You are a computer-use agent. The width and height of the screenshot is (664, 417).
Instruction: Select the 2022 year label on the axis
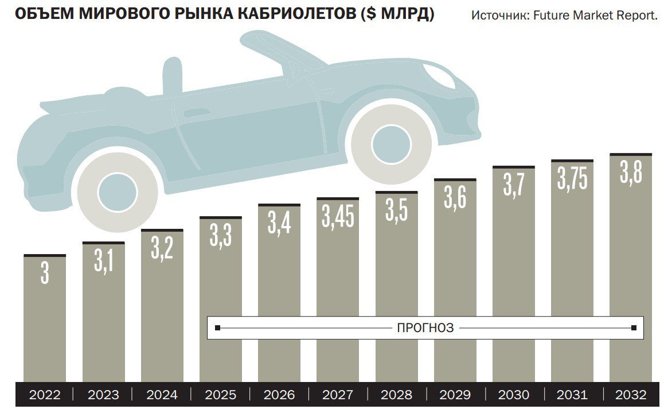(x=45, y=395)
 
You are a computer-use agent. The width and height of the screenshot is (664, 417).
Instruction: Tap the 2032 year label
(x=630, y=395)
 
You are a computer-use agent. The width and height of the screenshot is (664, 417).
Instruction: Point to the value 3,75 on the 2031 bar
(x=572, y=178)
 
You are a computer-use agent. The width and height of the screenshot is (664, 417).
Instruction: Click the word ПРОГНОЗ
(x=425, y=328)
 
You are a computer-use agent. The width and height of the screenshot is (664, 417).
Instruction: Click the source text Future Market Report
(x=595, y=15)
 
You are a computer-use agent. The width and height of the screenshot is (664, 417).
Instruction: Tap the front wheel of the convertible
(x=392, y=141)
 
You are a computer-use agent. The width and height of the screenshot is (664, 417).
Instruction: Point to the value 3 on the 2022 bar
(x=45, y=273)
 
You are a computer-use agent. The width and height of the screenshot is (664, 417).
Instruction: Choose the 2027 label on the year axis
(x=338, y=395)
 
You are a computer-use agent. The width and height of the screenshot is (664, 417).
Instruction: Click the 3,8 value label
(x=630, y=172)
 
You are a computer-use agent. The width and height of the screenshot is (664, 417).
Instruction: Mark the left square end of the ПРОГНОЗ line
(x=217, y=328)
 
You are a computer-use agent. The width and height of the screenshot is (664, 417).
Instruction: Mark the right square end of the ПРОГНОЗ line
(x=634, y=328)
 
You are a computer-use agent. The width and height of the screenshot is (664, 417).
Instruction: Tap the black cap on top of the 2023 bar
(x=103, y=243)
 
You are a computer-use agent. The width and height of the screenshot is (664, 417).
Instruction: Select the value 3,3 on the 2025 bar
(x=221, y=235)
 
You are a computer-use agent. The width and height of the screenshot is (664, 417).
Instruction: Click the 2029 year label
(x=455, y=395)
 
